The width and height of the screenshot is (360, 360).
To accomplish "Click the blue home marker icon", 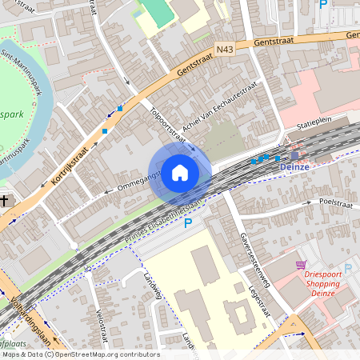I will click(180, 172).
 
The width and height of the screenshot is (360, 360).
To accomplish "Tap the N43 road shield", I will click(226, 50).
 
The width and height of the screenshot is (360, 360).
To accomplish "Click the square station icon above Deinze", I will click(294, 155).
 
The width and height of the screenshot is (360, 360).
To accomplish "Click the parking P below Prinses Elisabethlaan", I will click(189, 223).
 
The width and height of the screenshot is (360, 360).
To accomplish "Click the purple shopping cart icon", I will click(301, 265).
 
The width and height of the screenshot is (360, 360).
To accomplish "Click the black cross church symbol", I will click(5, 200).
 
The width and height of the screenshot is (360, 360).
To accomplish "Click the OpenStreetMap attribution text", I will click(81, 354).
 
